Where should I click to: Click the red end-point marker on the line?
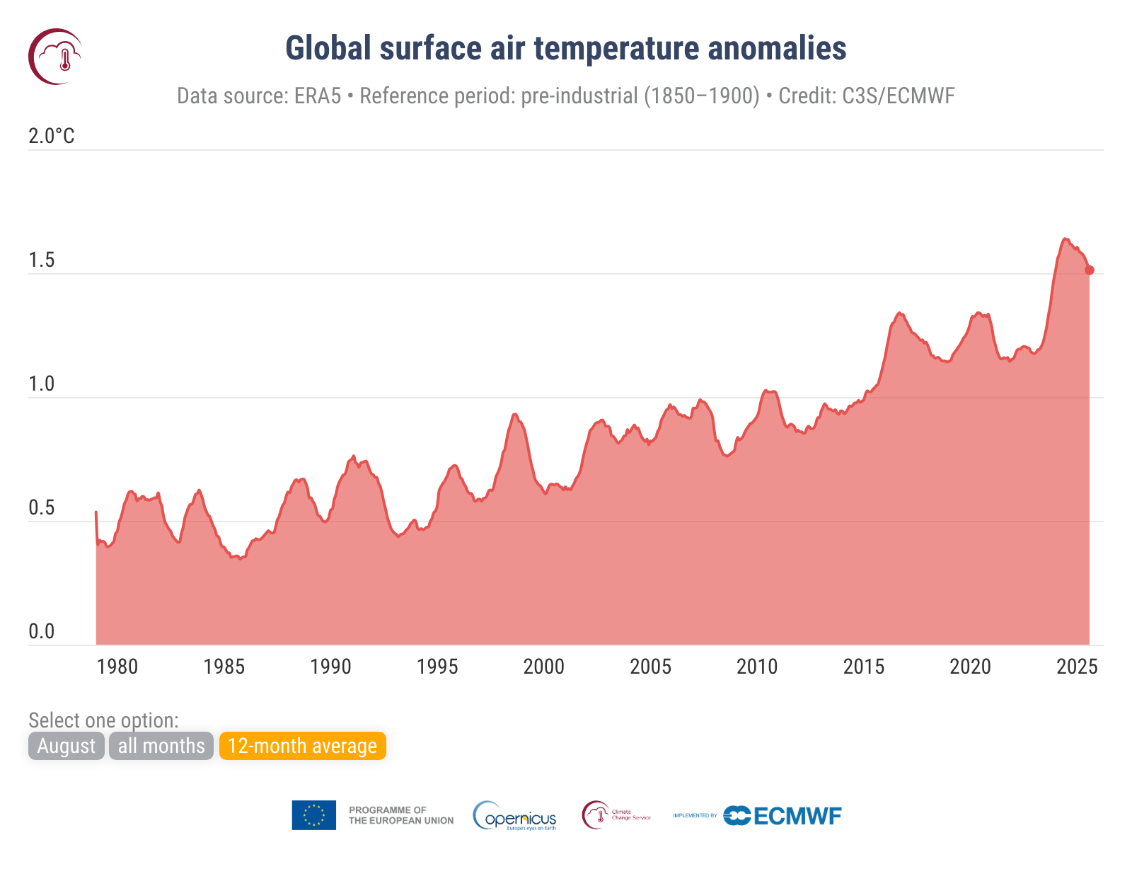tap(1090, 270)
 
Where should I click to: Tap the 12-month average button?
tap(302, 746)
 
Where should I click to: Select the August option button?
tap(66, 746)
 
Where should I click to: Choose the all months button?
tap(161, 746)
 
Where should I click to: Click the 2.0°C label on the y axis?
tap(51, 136)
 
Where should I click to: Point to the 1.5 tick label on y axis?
tap(41, 260)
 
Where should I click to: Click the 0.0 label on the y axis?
tap(41, 631)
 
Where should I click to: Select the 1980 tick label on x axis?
tap(117, 667)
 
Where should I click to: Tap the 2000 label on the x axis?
tap(543, 667)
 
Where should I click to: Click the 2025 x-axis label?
tap(1076, 667)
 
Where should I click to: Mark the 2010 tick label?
tap(756, 667)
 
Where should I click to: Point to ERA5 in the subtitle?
tap(318, 96)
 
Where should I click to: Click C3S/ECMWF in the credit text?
tap(898, 96)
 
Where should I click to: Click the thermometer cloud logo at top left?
tap(55, 57)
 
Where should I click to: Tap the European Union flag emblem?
tap(313, 815)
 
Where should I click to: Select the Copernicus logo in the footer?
tap(515, 816)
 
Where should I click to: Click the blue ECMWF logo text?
tap(797, 816)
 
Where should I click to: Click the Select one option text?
tap(103, 720)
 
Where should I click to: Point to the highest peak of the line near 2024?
tap(1065, 239)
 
